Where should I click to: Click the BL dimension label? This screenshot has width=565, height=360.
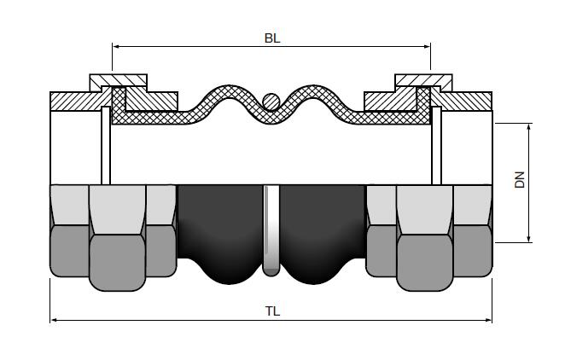point(272,38)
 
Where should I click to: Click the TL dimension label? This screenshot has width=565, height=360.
point(272,311)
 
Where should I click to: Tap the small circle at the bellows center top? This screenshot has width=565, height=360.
point(271,101)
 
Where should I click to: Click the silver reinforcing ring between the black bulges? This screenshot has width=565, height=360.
point(271,230)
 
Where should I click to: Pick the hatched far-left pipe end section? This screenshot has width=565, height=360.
point(73,100)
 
